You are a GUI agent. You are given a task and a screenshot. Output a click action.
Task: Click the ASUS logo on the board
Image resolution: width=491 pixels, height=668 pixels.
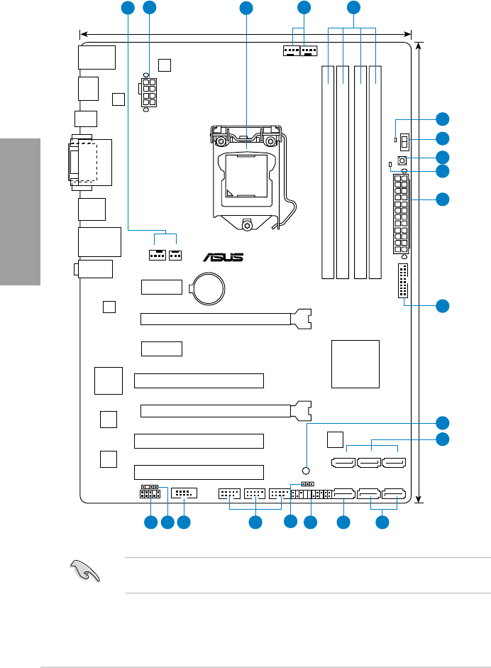point(223,257)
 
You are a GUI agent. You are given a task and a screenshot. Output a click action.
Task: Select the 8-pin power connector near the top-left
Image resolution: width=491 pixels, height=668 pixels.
point(150,92)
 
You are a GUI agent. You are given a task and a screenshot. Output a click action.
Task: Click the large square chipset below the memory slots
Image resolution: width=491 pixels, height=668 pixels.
point(355,364)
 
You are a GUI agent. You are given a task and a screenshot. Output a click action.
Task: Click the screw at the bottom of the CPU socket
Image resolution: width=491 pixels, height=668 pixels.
point(245,226)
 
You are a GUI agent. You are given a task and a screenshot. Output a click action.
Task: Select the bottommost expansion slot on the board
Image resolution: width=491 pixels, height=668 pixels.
point(199,471)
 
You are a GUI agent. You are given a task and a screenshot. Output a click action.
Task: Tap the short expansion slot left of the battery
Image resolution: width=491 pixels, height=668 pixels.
point(162,288)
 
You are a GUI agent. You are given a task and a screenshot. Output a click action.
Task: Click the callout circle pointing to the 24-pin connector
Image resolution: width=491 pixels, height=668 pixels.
point(443,199)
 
